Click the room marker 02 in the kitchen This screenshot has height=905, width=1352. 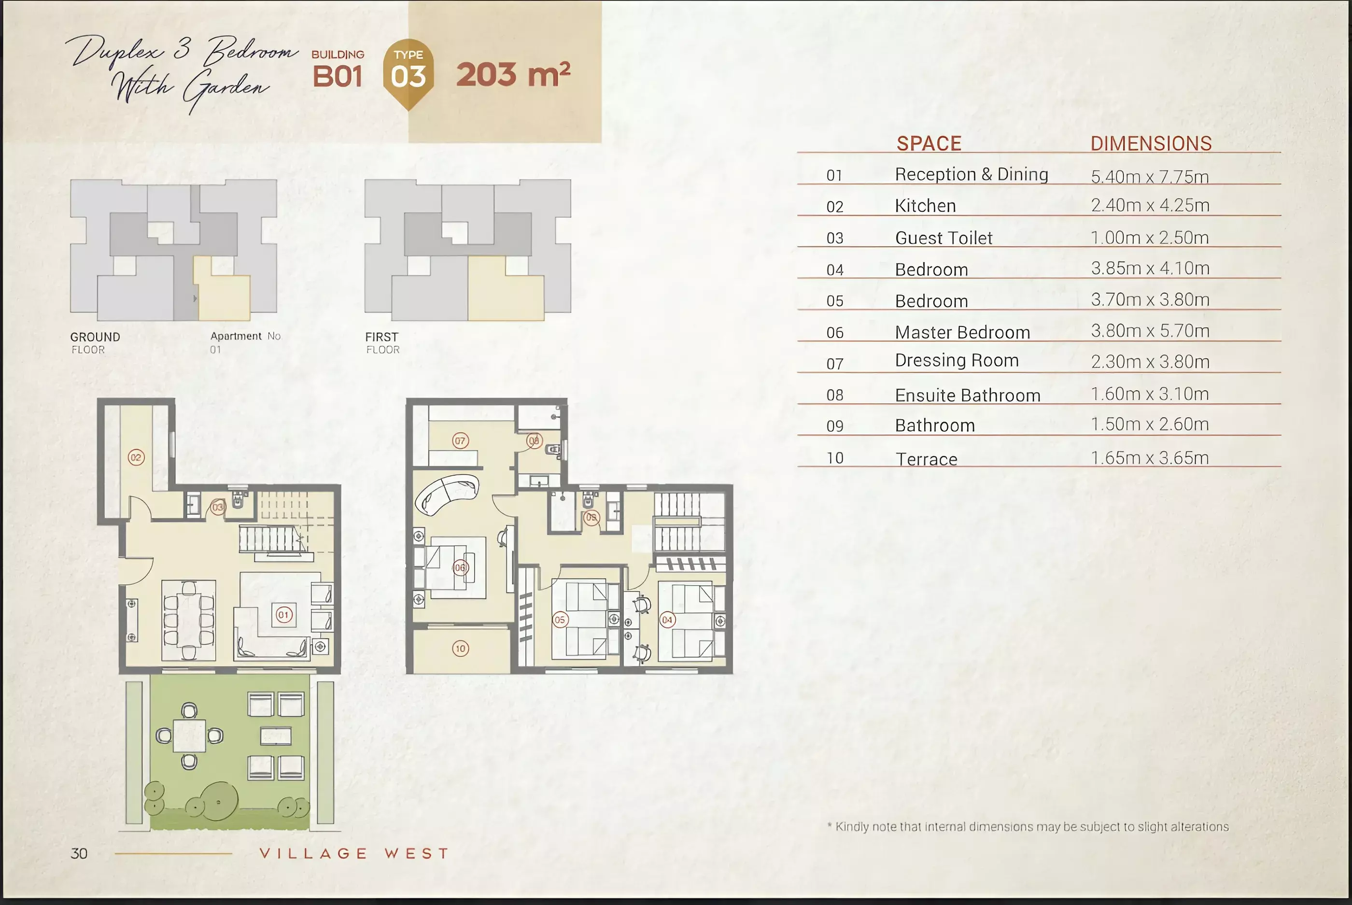pyautogui.click(x=136, y=458)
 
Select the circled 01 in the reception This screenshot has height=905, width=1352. pyautogui.click(x=283, y=615)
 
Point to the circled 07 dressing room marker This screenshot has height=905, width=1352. pyautogui.click(x=460, y=441)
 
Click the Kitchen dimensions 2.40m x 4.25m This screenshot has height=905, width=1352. pyautogui.click(x=1150, y=205)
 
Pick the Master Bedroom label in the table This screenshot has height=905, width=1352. pyautogui.click(x=962, y=332)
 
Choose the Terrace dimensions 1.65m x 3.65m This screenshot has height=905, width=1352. pyautogui.click(x=1150, y=458)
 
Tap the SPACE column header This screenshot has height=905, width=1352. pyautogui.click(x=929, y=143)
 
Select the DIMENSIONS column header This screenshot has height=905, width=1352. pyautogui.click(x=1151, y=143)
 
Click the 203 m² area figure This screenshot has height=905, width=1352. pyautogui.click(x=513, y=74)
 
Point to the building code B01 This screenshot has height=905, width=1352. pyautogui.click(x=338, y=77)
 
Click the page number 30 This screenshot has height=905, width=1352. pyautogui.click(x=79, y=854)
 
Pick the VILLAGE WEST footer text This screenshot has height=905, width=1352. pyautogui.click(x=354, y=854)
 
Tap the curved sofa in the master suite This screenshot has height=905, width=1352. pyautogui.click(x=447, y=495)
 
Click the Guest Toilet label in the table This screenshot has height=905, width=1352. pyautogui.click(x=944, y=238)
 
